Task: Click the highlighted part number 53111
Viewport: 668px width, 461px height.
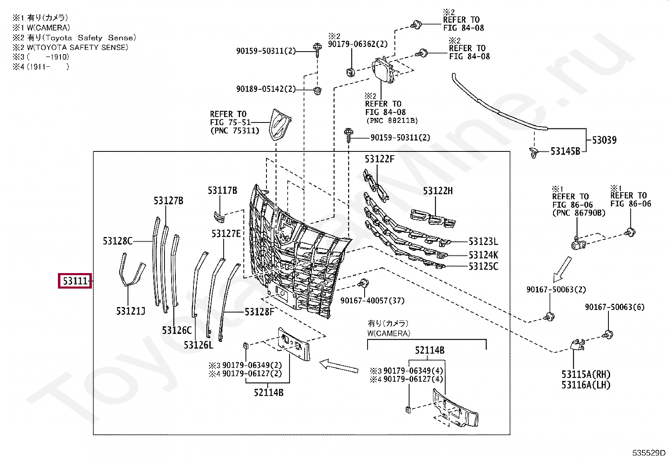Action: [75, 281]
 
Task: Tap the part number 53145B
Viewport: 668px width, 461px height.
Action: [565, 151]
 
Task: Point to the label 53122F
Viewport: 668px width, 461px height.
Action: [379, 159]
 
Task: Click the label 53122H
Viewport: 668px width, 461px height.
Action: [438, 191]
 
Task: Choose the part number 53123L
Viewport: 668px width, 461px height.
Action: [483, 241]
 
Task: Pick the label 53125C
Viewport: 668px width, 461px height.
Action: [483, 266]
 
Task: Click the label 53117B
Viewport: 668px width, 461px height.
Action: [222, 190]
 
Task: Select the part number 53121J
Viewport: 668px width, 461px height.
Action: [130, 311]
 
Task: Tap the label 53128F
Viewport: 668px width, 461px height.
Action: [259, 311]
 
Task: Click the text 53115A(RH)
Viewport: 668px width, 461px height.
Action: [586, 374]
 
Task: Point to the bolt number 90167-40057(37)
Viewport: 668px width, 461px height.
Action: [372, 300]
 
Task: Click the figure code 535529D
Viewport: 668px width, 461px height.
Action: [649, 453]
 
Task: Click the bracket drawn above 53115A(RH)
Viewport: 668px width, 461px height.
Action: [577, 345]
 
